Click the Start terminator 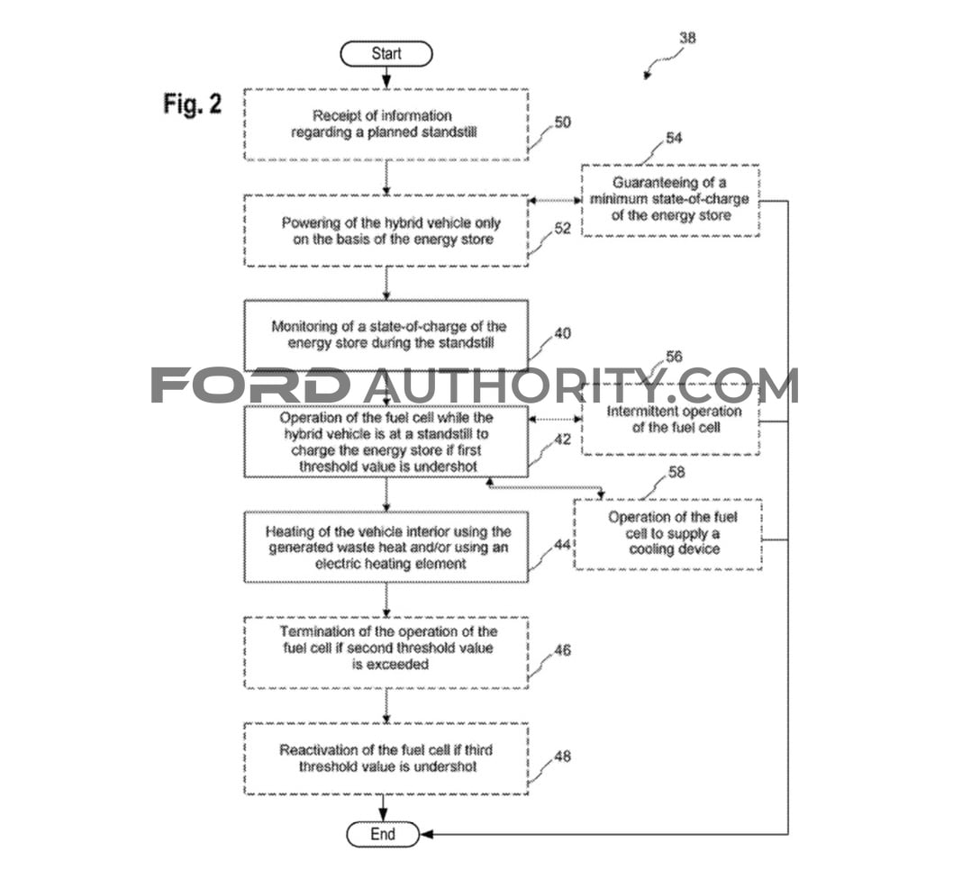[386, 54]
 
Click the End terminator [383, 834]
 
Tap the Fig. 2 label [192, 104]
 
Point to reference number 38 [688, 38]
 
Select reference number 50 [563, 122]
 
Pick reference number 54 [674, 138]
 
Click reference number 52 [563, 228]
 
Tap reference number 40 [563, 333]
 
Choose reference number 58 [676, 473]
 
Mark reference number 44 [563, 544]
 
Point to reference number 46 [563, 649]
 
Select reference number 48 [563, 757]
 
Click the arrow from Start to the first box [386, 77]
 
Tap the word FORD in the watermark [250, 385]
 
